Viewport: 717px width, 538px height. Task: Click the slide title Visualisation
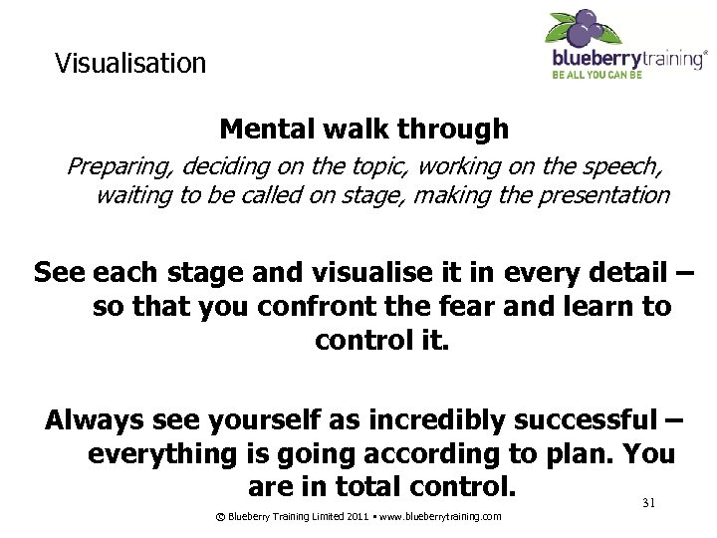[130, 64]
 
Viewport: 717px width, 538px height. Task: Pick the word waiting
[133, 195]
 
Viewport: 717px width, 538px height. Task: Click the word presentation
[603, 195]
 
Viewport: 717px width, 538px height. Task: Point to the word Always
[96, 420]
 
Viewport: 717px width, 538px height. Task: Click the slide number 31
[648, 504]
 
